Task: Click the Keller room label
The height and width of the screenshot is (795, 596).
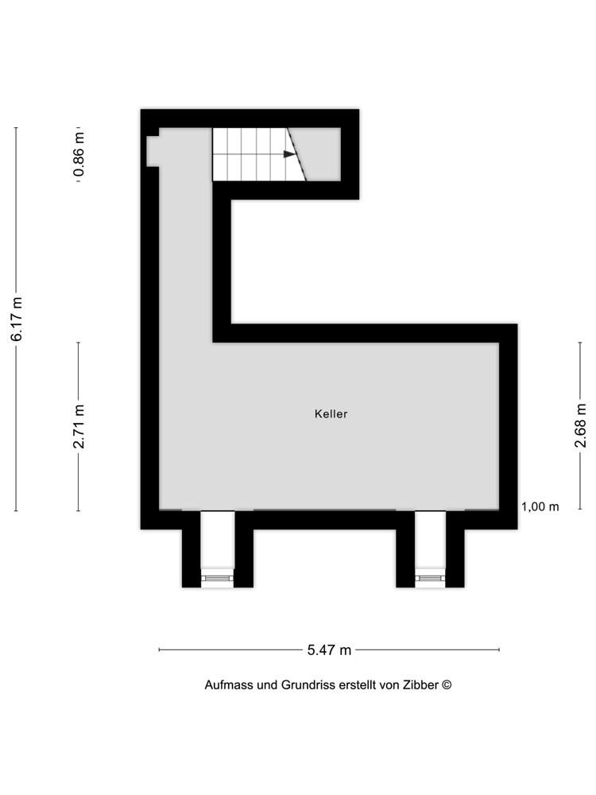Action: (331, 413)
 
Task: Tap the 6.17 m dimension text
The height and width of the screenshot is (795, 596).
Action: (17, 319)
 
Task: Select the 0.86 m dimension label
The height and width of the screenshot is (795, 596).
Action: (79, 155)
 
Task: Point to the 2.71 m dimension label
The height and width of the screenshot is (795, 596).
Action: (79, 426)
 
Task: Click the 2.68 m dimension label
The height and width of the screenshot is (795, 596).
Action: (580, 425)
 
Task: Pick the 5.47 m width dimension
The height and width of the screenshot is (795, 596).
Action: (329, 650)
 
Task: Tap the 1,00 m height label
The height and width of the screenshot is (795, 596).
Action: (540, 506)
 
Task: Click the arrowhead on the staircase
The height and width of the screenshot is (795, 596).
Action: (289, 154)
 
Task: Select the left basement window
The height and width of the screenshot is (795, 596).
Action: (218, 578)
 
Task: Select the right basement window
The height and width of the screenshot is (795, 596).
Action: (430, 578)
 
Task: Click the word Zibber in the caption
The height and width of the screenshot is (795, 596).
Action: (420, 685)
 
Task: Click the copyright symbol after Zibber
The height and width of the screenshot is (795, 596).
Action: (447, 684)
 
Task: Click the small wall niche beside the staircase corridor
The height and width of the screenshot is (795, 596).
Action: (153, 150)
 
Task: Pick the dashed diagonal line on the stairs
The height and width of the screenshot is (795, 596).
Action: (296, 154)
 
